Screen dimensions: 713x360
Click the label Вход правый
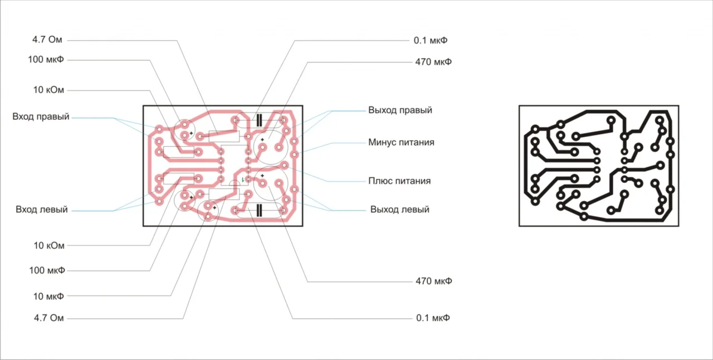coord(41,116)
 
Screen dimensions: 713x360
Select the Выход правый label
coord(400,110)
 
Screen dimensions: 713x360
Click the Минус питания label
coord(401,143)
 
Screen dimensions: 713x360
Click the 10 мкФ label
coord(48,296)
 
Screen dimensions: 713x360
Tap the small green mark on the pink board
coord(243,180)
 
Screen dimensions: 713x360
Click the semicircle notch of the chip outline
coord(235,182)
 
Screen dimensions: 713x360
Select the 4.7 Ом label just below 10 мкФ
coord(48,318)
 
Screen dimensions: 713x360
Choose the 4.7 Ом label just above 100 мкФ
coord(47,40)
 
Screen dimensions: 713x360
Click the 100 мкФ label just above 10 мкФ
coord(47,270)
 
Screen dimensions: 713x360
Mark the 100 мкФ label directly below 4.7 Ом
coord(46,60)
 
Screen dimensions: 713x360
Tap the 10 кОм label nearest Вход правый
coord(48,90)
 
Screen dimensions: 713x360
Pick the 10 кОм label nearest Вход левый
coord(48,246)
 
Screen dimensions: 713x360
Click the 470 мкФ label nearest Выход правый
coord(433,62)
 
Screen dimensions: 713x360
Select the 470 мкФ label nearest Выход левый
coord(433,281)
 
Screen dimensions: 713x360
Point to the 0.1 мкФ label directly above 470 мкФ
coord(431,41)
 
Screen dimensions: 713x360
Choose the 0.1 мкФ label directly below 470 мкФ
coord(433,318)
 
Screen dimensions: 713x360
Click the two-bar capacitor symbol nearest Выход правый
coord(259,120)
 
